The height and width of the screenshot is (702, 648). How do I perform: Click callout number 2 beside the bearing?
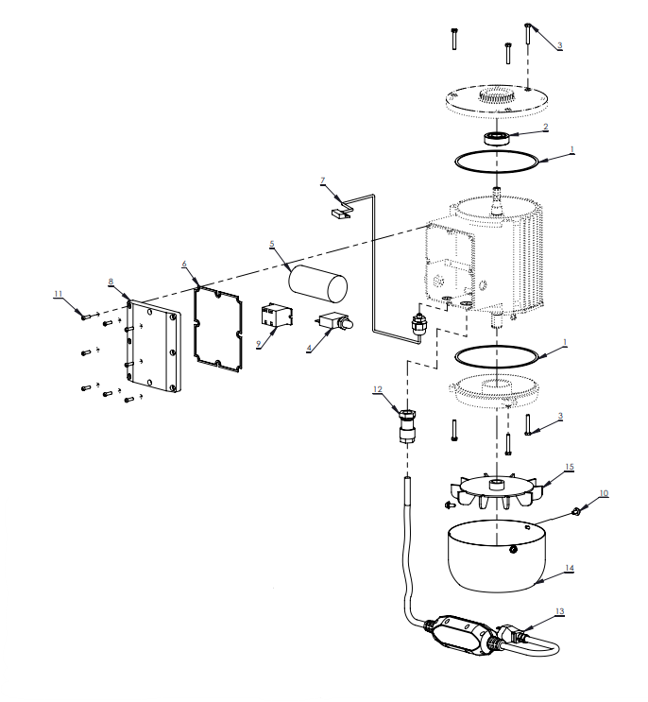pyautogui.click(x=544, y=127)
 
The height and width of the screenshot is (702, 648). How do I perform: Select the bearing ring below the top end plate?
pyautogui.click(x=498, y=138)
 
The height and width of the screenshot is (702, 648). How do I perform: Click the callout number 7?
pyautogui.click(x=322, y=180)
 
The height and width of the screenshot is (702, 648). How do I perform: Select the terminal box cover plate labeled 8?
pyautogui.click(x=152, y=344)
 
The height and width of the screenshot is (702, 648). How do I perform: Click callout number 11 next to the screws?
pyautogui.click(x=58, y=295)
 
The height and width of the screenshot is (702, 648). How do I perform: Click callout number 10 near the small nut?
pyautogui.click(x=604, y=493)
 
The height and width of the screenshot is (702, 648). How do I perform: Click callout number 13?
pyautogui.click(x=560, y=611)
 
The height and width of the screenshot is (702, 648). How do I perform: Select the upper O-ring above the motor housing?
pyautogui.click(x=497, y=162)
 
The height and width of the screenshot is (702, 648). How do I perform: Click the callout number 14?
pyautogui.click(x=569, y=568)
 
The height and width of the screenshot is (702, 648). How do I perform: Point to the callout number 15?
pyautogui.click(x=569, y=467)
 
